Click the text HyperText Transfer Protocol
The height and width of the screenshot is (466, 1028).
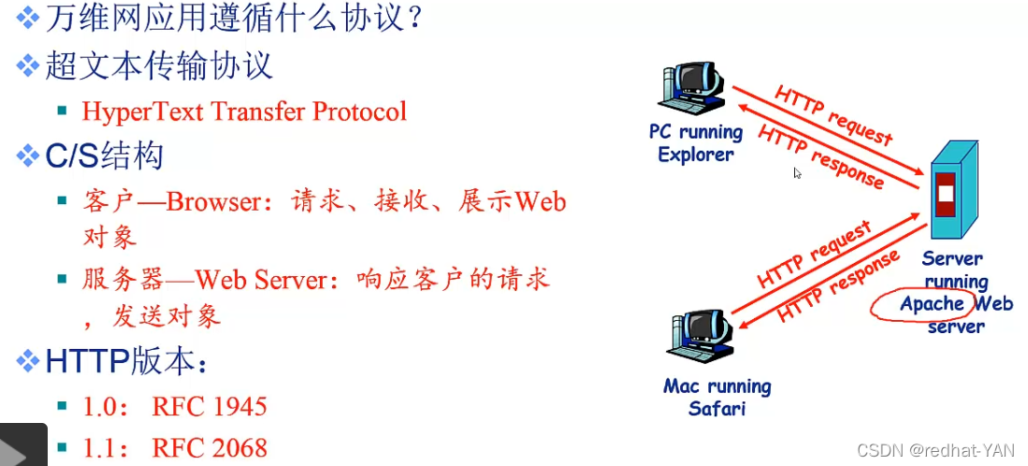tap(244, 111)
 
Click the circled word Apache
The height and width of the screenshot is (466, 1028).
tap(932, 304)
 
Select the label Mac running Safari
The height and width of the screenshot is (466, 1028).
tap(717, 397)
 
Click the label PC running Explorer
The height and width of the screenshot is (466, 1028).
tap(696, 143)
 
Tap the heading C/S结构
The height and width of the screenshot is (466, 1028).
tap(104, 155)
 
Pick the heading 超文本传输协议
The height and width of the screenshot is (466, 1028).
tap(159, 66)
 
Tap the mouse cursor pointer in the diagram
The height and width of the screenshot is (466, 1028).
tap(798, 173)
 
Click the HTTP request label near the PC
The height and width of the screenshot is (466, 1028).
tap(833, 115)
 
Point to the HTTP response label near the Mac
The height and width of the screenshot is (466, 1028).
tap(838, 284)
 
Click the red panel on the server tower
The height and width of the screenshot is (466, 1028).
tap(946, 195)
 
